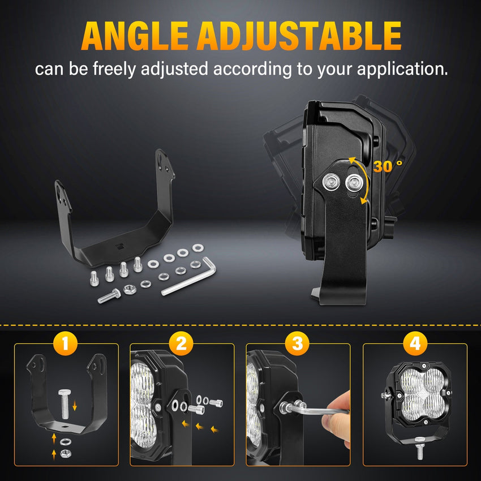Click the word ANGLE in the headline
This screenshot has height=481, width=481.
tap(134, 36)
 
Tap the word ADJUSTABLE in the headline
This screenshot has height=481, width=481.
tap(299, 36)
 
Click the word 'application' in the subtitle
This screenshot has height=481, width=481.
tap(402, 70)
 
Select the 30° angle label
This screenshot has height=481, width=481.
tap(388, 166)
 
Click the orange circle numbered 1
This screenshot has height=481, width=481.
tap(65, 343)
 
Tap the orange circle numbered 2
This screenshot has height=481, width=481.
tap(181, 343)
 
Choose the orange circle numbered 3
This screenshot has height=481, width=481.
tap(297, 343)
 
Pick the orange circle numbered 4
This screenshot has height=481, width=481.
tap(415, 343)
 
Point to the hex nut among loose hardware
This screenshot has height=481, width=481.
tap(128, 289)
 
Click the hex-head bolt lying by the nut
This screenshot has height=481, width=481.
tap(109, 296)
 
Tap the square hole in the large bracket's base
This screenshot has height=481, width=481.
tap(120, 246)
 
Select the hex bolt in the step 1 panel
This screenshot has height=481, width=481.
tap(65, 404)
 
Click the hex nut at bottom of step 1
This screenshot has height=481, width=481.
tap(65, 453)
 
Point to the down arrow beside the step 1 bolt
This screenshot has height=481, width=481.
tap(75, 406)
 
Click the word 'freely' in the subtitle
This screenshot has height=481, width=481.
tap(114, 70)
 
